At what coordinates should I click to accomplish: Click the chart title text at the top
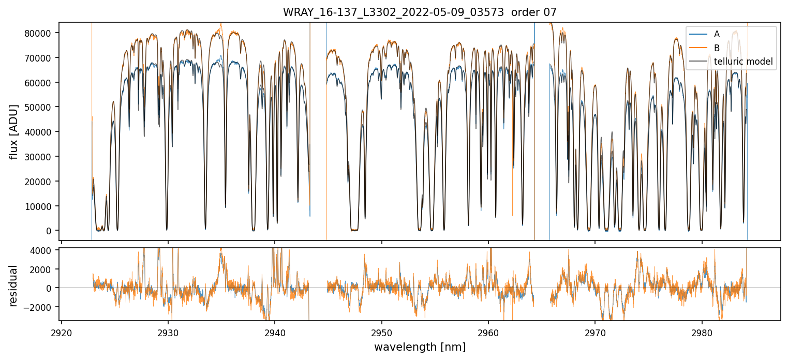[x=420, y=12]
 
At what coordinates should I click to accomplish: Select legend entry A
[x=717, y=34]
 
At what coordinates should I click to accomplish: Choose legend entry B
[x=717, y=48]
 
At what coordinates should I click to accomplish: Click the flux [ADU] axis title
[x=14, y=131]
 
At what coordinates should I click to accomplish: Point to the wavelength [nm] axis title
[x=420, y=347]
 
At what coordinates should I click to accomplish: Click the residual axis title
[x=14, y=286]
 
